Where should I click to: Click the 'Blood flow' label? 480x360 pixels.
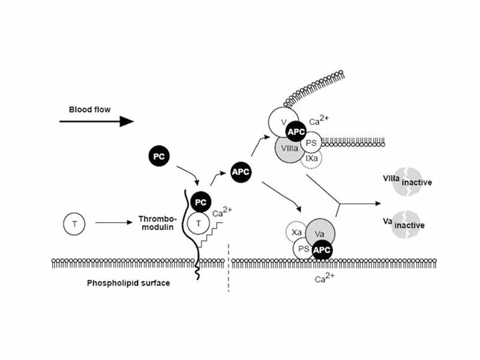pos(89,109)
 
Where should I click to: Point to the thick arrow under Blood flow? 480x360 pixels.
pos(96,121)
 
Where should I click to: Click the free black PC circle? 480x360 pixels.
pos(159,156)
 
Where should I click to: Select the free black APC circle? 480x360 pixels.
pos(240,172)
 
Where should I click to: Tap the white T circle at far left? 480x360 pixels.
pos(74,224)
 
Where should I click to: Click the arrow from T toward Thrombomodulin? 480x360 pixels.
pos(114,223)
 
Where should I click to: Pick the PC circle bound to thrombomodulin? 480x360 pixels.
pos(202,202)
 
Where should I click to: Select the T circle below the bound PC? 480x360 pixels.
pos(199,224)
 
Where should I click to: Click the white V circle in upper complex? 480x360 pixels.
pos(282,121)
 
